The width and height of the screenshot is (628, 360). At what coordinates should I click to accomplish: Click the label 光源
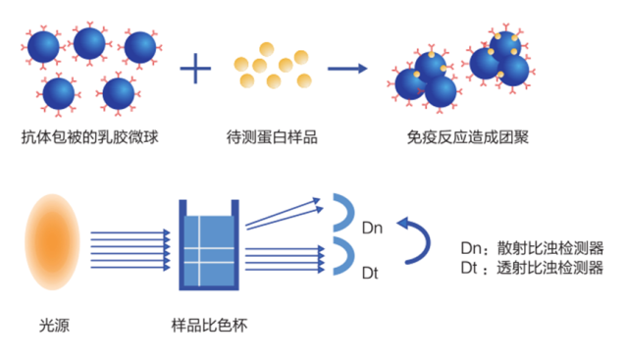pyautogui.click(x=54, y=324)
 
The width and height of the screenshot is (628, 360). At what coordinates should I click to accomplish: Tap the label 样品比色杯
pyautogui.click(x=209, y=324)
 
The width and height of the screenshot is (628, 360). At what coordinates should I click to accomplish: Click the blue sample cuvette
pyautogui.click(x=209, y=245)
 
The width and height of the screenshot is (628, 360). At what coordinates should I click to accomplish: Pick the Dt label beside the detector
pyautogui.click(x=371, y=272)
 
